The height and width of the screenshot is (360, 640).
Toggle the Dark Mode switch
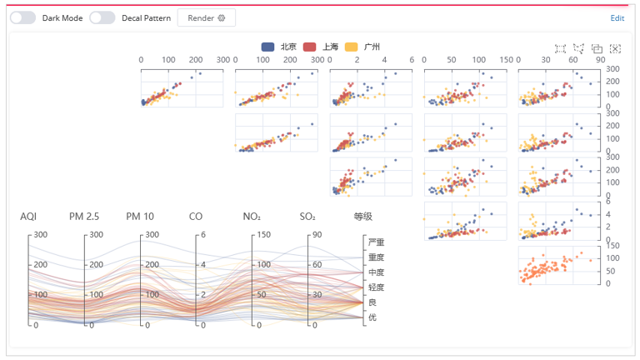pos(23,17)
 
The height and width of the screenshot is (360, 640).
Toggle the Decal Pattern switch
pos(102,17)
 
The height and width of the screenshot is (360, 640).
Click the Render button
pos(206,17)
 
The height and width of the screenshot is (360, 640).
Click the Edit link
pos(617,17)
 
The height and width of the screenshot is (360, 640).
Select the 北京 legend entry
pos(279,47)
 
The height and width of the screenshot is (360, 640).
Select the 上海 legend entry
pos(322,47)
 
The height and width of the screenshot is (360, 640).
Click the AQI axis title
pos(28,217)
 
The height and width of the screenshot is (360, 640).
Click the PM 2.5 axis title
pos(84,217)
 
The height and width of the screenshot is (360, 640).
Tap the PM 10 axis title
pos(140,217)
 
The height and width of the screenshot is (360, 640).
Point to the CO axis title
pos(196,217)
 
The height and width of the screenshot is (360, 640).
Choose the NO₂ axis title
pos(252,217)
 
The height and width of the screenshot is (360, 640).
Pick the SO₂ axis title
pos(307,217)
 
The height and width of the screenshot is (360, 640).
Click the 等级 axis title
pos(363,217)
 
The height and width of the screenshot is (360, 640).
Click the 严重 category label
pos(377,242)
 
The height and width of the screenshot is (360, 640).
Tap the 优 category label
pos(372,317)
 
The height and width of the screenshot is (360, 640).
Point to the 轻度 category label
pos(377,287)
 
